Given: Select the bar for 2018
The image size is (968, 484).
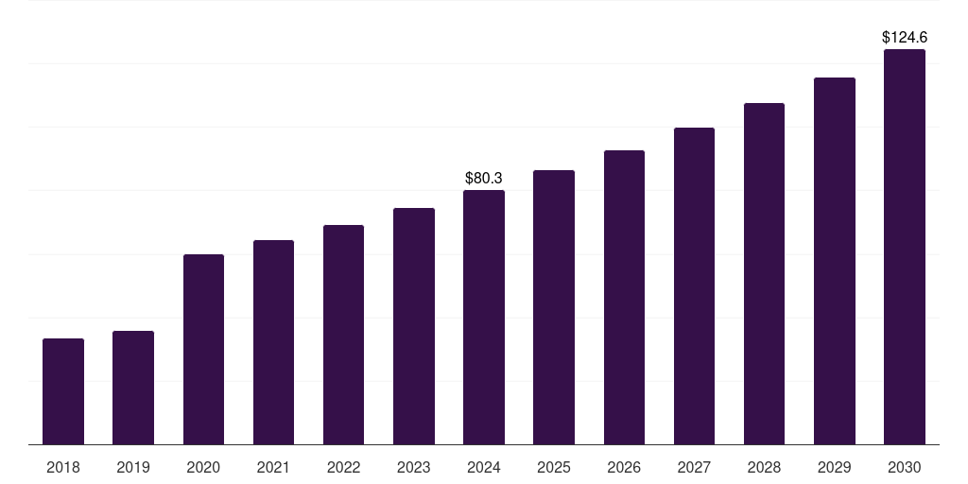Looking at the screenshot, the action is [63, 391].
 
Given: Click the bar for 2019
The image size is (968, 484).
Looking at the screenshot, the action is [133, 388].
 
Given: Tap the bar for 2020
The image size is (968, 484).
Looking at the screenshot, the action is [204, 350].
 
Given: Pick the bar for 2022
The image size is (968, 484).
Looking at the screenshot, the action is [343, 335].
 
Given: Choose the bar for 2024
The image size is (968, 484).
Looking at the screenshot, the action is [484, 318].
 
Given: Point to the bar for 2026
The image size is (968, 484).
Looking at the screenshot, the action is [624, 298].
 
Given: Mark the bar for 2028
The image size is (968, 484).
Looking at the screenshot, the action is [764, 274].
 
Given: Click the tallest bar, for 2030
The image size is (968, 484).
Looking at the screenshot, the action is [905, 247].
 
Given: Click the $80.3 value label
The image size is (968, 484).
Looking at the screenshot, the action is [484, 179].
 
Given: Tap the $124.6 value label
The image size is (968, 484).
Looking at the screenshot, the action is [905, 38].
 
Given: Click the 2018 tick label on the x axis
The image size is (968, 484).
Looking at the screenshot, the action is [63, 468].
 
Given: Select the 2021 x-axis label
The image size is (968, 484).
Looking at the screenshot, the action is [273, 468].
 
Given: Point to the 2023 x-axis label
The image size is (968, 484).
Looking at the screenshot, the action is [414, 468].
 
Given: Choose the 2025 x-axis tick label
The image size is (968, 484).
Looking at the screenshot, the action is [554, 468].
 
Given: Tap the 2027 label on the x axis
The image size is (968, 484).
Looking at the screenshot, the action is [694, 468].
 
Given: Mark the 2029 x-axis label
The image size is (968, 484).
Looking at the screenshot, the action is [834, 468].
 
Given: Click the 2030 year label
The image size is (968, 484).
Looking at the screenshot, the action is [905, 468].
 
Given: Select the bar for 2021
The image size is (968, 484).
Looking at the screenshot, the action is [273, 342].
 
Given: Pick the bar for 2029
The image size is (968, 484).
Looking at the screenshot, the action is [835, 261].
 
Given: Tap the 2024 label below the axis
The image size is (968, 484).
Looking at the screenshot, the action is [484, 468].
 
